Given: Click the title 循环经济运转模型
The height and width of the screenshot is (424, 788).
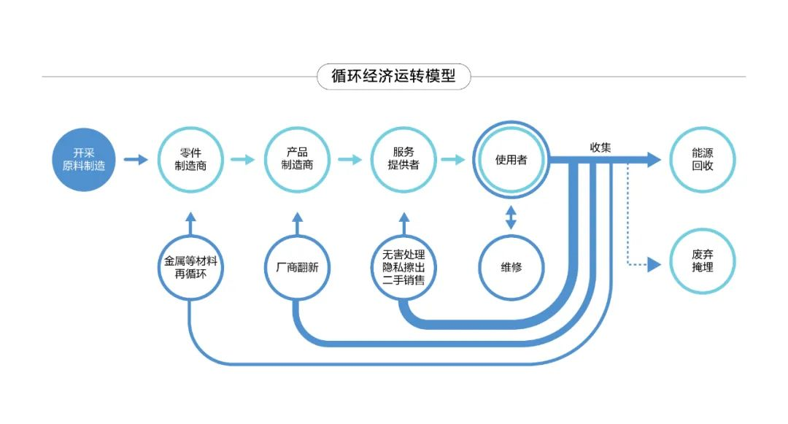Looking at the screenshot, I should pos(393,77).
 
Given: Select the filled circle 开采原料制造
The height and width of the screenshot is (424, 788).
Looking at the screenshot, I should pos(84,160).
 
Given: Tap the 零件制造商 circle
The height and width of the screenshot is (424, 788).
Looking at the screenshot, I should pos(190,160).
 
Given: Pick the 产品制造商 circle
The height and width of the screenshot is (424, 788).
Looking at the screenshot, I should pos(297,160).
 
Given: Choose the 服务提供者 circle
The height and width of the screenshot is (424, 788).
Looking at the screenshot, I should pos(403,160).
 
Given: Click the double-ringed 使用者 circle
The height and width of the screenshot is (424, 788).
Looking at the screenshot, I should pos(511,160).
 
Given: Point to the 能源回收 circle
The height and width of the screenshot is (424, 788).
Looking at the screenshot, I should pos(702,160).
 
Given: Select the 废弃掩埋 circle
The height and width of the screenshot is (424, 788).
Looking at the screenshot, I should pos(702,261).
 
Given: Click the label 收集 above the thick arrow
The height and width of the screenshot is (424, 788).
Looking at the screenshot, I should pos(600,147).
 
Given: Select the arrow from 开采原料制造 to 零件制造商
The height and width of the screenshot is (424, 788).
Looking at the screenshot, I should pos(136,160).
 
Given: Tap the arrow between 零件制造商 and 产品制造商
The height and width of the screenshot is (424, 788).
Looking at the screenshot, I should pos(243,160).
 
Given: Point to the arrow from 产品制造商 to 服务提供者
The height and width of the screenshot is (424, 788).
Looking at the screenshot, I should pos(350,160).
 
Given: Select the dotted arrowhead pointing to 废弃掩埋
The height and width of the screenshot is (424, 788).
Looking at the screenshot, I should pos(654,264).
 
